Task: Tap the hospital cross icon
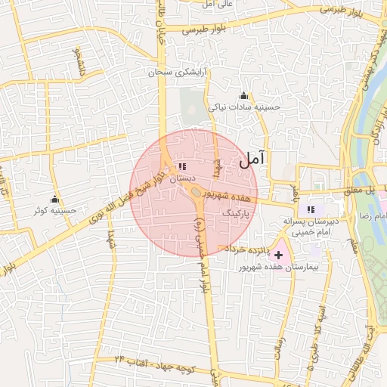tap(278, 255)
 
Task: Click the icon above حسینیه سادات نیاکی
tap(243, 96)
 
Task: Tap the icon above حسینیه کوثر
tap(54, 200)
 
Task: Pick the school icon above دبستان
tap(181, 166)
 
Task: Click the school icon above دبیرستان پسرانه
tap(310, 209)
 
